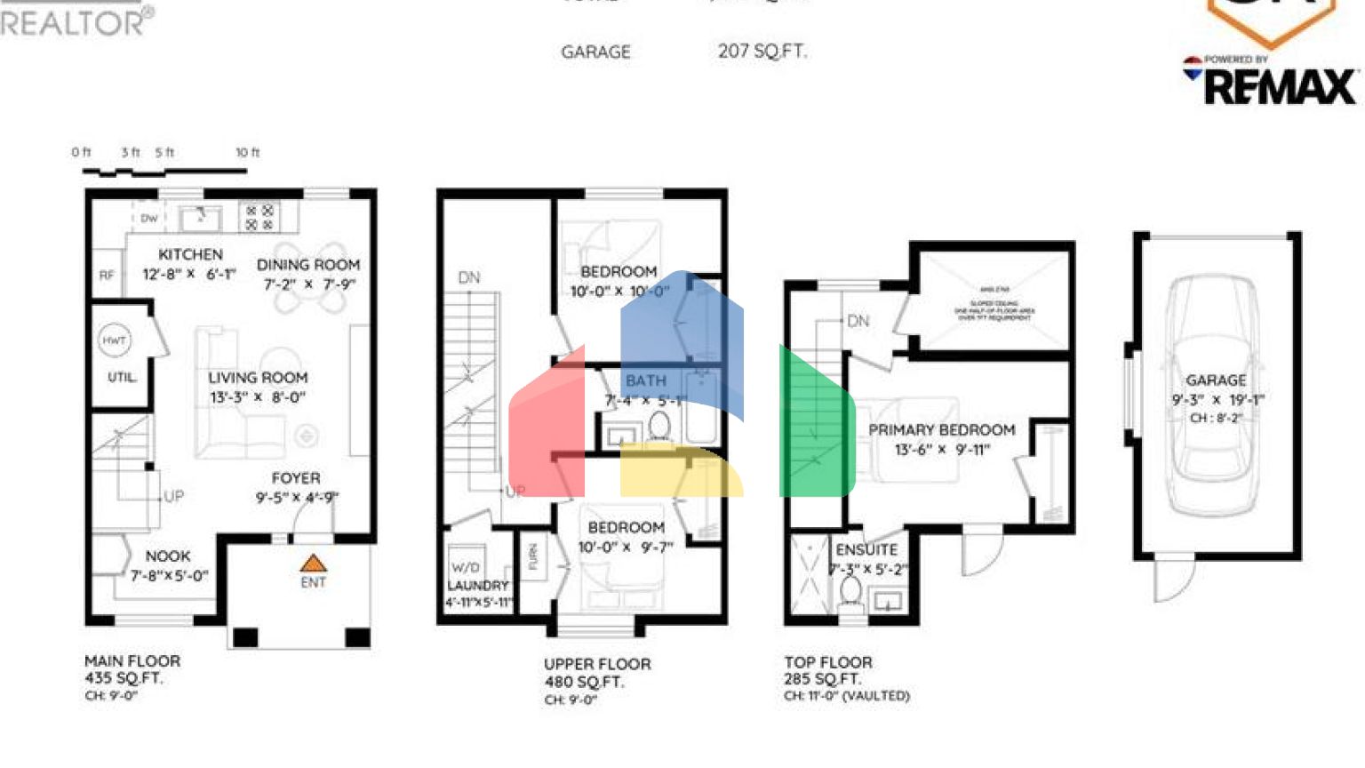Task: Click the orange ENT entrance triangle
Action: (x=313, y=564)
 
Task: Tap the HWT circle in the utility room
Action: (x=114, y=340)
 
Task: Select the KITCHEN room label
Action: (x=190, y=254)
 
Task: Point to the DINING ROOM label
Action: (x=307, y=265)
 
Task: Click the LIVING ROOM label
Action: (x=258, y=378)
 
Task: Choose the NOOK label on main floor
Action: (x=168, y=556)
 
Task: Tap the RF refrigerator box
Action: (x=107, y=275)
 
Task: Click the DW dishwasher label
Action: (x=148, y=218)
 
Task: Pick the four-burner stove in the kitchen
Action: (x=259, y=217)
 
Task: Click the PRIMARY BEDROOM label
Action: (x=941, y=430)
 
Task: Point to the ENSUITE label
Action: (x=866, y=550)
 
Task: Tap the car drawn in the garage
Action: (x=1215, y=396)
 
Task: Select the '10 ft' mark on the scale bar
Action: (x=247, y=153)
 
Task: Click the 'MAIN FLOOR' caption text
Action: (x=132, y=661)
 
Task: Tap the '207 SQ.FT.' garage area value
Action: (x=762, y=52)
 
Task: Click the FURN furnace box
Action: (x=533, y=557)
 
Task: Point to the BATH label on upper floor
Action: (x=645, y=380)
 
